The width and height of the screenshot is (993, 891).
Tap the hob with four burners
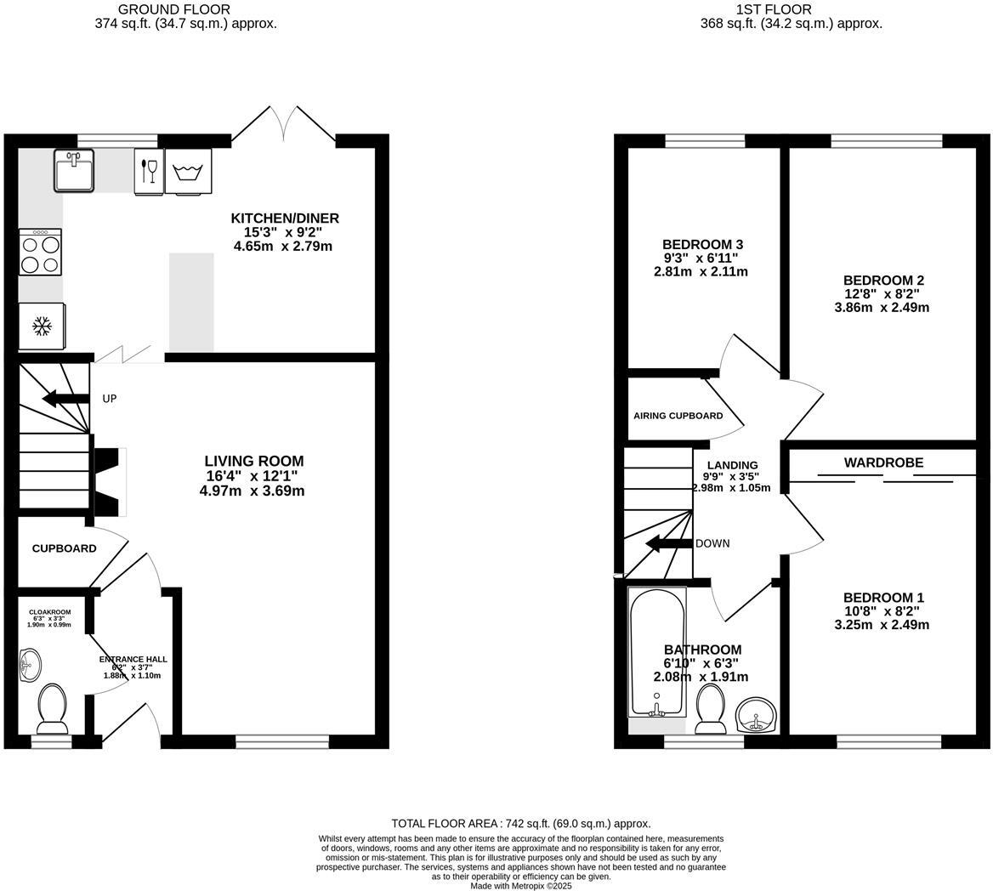[x=40, y=253]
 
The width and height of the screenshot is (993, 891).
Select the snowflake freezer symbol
[x=40, y=326]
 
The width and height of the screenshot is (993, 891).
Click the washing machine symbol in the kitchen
[x=188, y=172]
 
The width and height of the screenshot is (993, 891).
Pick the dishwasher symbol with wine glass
[x=147, y=171]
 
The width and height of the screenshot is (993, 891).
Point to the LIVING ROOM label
[x=253, y=462]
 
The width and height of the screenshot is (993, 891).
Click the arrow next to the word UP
[x=65, y=399]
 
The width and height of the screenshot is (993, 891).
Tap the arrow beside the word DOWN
[x=668, y=543]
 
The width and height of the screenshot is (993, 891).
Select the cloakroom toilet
[x=52, y=708]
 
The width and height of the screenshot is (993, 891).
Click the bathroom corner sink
[x=755, y=714]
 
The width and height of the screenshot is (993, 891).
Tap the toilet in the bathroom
[x=710, y=708]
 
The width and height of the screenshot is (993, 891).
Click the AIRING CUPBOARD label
[x=678, y=416]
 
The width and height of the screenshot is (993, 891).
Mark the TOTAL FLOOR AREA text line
[x=520, y=823]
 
